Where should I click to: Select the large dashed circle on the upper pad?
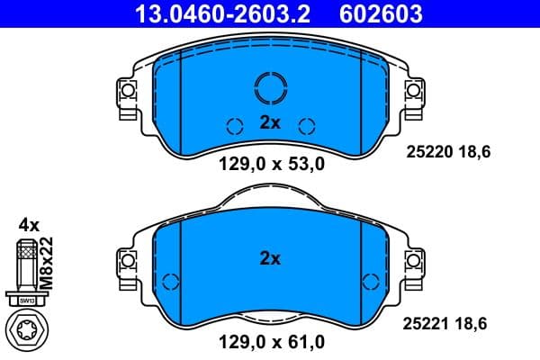[270, 87]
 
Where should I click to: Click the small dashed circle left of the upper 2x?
[235, 125]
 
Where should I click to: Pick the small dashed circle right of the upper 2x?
[305, 125]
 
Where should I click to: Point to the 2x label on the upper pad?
[270, 124]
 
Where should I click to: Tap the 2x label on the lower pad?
[270, 258]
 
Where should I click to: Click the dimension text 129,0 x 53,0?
[271, 164]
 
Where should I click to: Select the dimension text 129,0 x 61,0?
[271, 342]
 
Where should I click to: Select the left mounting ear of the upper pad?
[126, 91]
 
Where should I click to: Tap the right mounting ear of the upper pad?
[414, 91]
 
